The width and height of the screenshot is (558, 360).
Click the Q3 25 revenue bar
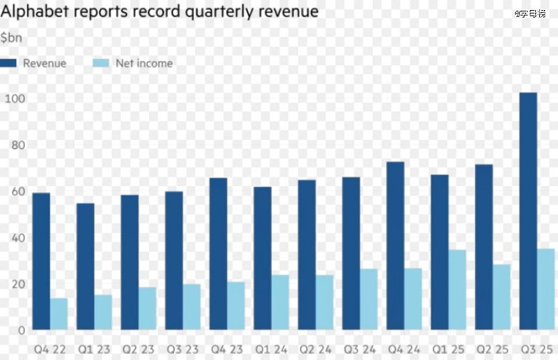click(528, 211)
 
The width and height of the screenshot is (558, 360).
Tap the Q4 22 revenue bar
click(41, 261)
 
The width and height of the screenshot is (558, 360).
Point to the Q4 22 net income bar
click(59, 314)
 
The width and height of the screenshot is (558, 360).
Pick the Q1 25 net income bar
click(458, 289)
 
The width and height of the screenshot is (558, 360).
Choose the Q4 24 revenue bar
click(396, 246)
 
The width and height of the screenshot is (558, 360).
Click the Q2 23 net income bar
click(148, 308)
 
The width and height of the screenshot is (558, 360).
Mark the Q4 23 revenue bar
click(218, 254)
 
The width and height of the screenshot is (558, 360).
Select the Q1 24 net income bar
click(281, 302)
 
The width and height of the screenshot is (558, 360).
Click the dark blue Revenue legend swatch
click(9, 63)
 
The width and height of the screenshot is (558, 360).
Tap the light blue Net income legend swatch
click(101, 63)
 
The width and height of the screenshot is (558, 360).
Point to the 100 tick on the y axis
click(15, 99)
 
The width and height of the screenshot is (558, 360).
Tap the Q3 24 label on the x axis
click(359, 349)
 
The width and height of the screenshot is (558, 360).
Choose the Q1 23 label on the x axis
click(93, 349)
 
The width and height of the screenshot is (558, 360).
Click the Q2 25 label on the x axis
click(492, 349)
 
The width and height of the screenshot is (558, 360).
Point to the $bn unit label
click(11, 38)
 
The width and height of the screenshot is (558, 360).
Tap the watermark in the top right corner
click(532, 13)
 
